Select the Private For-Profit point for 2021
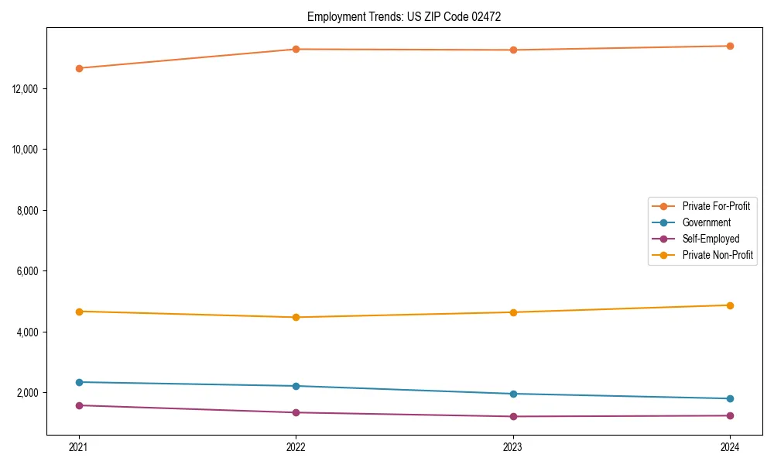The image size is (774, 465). click(79, 68)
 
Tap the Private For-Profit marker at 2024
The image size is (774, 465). click(730, 46)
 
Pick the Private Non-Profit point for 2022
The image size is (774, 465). click(296, 317)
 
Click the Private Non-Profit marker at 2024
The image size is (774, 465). click(730, 305)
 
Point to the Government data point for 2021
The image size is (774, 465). click(79, 382)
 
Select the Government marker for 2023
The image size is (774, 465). click(513, 394)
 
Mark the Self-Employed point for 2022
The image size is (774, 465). click(296, 412)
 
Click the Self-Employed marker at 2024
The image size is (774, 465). click(730, 415)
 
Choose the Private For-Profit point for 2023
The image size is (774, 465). click(513, 50)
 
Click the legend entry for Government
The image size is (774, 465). click(706, 222)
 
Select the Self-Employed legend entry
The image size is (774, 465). click(711, 239)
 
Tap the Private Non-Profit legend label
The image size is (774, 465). click(717, 255)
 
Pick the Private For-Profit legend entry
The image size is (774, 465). click(715, 206)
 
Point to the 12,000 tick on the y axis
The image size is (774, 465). click(27, 89)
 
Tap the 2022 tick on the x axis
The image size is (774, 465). click(296, 446)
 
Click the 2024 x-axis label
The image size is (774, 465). click(730, 446)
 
